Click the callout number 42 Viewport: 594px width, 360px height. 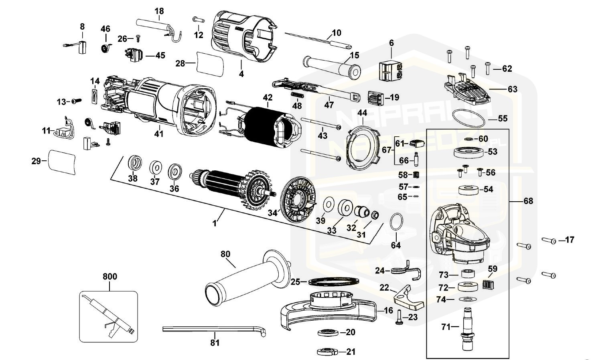(268, 97)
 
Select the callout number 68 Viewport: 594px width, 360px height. (528, 200)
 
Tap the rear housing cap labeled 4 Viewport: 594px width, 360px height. (241, 38)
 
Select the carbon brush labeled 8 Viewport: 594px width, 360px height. (82, 47)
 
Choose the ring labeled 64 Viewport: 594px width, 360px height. (396, 222)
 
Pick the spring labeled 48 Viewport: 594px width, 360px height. (296, 96)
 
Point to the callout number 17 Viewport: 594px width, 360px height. (569, 240)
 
